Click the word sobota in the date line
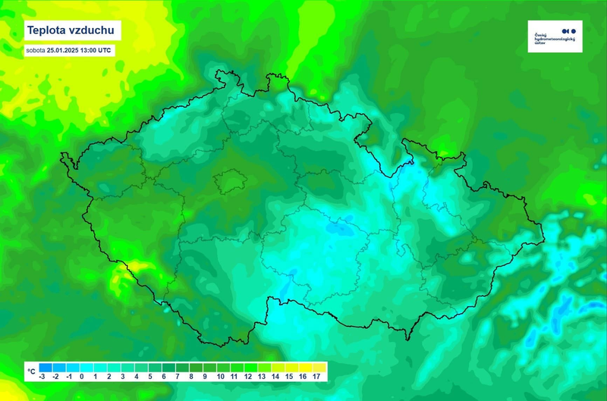(36, 50)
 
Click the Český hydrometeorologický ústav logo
(555, 36)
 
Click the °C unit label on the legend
(30, 371)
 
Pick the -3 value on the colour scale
(43, 376)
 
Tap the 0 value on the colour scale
(83, 376)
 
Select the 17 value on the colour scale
(316, 376)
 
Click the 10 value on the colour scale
(220, 376)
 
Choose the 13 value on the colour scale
(261, 376)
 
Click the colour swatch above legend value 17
(316, 367)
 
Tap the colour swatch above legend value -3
(43, 367)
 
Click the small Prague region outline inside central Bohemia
(228, 182)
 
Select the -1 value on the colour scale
(70, 376)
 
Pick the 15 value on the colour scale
(288, 376)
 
